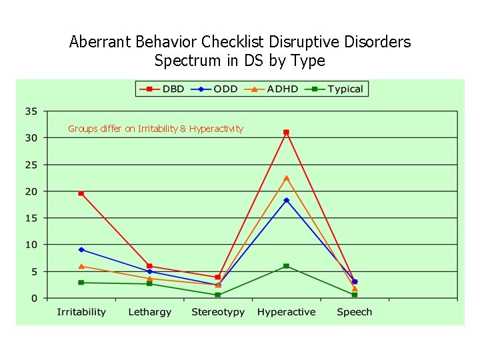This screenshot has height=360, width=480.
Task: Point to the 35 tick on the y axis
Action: pos(31,111)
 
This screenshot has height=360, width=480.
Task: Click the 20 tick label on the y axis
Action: pos(31,191)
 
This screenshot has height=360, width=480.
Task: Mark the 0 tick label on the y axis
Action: pos(34,298)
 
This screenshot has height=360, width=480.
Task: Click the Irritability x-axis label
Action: pos(81,312)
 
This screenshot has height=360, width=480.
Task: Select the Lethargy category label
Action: pos(150,312)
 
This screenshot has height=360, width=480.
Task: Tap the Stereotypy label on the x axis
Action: pos(218,312)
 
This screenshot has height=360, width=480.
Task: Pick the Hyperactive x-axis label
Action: pos(286,312)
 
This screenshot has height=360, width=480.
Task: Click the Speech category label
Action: pos(355,312)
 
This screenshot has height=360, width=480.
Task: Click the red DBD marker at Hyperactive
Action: pos(286,133)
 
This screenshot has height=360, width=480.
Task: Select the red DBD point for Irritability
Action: pos(81,193)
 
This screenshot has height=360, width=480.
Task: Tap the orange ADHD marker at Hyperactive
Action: pos(286,178)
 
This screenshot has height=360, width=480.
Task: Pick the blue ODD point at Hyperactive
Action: pos(286,200)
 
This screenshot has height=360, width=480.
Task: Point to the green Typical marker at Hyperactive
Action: pos(286,266)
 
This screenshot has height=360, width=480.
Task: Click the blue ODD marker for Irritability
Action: pos(81,249)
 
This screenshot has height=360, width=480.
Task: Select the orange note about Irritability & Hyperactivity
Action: pos(155,129)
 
